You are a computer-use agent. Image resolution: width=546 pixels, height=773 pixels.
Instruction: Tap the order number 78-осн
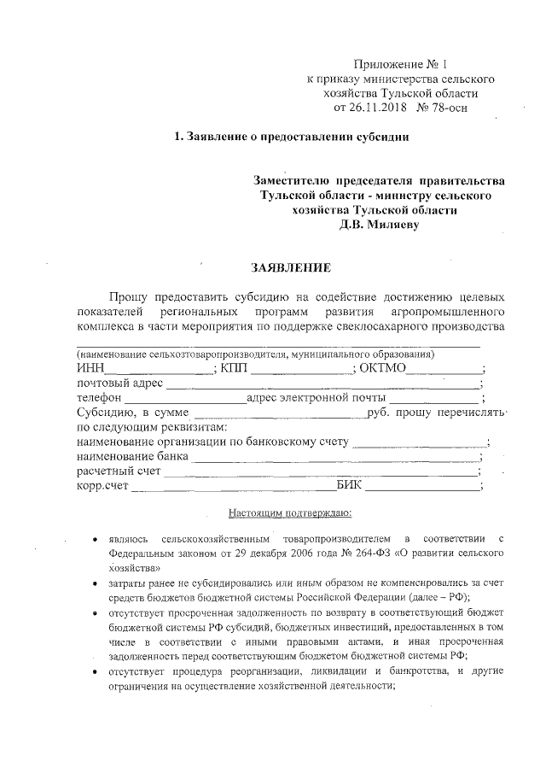click(444, 108)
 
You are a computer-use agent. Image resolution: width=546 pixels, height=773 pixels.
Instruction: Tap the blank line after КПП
click(302, 371)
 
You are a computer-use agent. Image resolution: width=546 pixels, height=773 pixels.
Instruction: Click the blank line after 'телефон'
click(184, 400)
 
